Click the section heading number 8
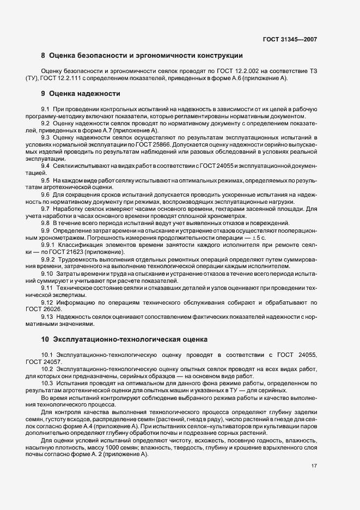43,56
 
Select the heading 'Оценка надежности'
84,94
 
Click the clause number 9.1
46,110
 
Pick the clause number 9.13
47,317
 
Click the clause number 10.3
47,383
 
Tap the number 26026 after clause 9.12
56,309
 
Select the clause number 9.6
46,195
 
